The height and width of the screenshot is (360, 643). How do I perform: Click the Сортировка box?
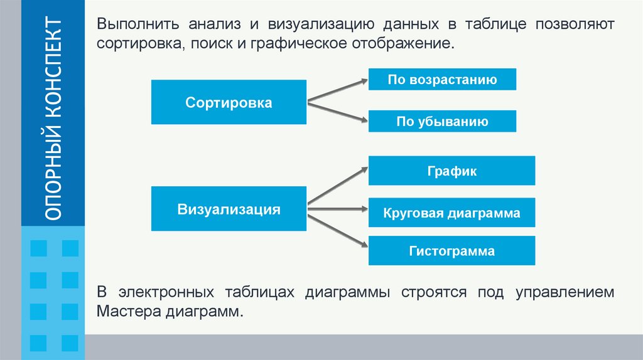click(229, 102)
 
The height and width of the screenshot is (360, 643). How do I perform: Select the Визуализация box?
click(229, 209)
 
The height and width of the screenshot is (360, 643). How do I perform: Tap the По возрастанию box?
click(442, 80)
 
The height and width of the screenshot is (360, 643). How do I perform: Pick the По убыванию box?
click(442, 122)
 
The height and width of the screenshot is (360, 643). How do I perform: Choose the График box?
click(451, 171)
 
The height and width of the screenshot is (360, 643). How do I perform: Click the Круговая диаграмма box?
click(451, 213)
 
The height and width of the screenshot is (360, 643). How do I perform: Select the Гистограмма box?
click(451, 251)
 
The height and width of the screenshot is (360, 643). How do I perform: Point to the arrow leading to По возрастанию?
click(337, 90)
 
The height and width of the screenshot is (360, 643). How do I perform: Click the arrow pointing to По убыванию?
click(337, 111)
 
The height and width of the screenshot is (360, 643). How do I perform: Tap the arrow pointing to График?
click(337, 185)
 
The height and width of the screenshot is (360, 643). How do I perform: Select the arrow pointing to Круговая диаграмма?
click(337, 208)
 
